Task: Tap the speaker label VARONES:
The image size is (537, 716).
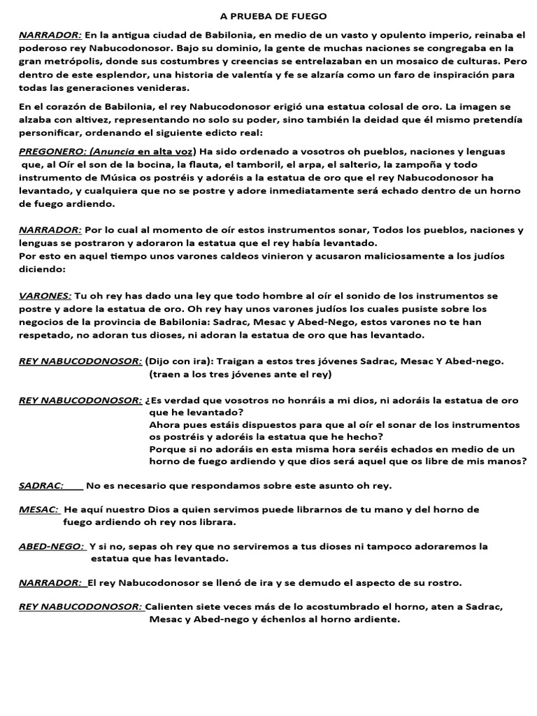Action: (45, 296)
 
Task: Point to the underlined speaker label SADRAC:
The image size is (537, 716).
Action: (41, 485)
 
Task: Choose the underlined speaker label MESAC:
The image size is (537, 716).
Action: (39, 510)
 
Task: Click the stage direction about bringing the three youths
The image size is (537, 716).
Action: (241, 374)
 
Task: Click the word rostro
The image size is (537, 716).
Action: (443, 582)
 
